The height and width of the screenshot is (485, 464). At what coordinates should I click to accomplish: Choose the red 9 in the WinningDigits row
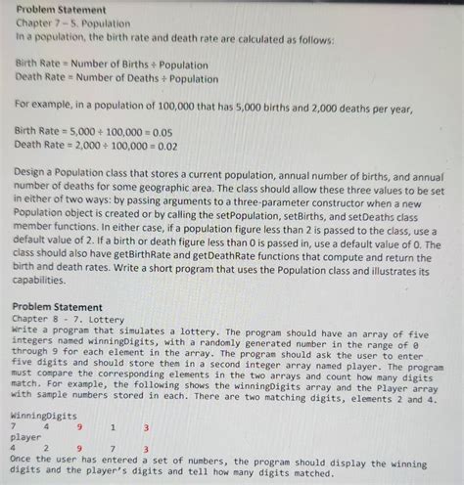pyautogui.click(x=79, y=426)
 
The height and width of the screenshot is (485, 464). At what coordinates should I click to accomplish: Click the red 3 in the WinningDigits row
pyautogui.click(x=146, y=426)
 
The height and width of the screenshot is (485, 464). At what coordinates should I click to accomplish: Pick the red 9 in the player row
pyautogui.click(x=79, y=450)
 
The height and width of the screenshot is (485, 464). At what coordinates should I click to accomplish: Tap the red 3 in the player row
pyautogui.click(x=146, y=450)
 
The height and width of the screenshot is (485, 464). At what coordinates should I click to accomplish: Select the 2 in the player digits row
pyautogui.click(x=46, y=450)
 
